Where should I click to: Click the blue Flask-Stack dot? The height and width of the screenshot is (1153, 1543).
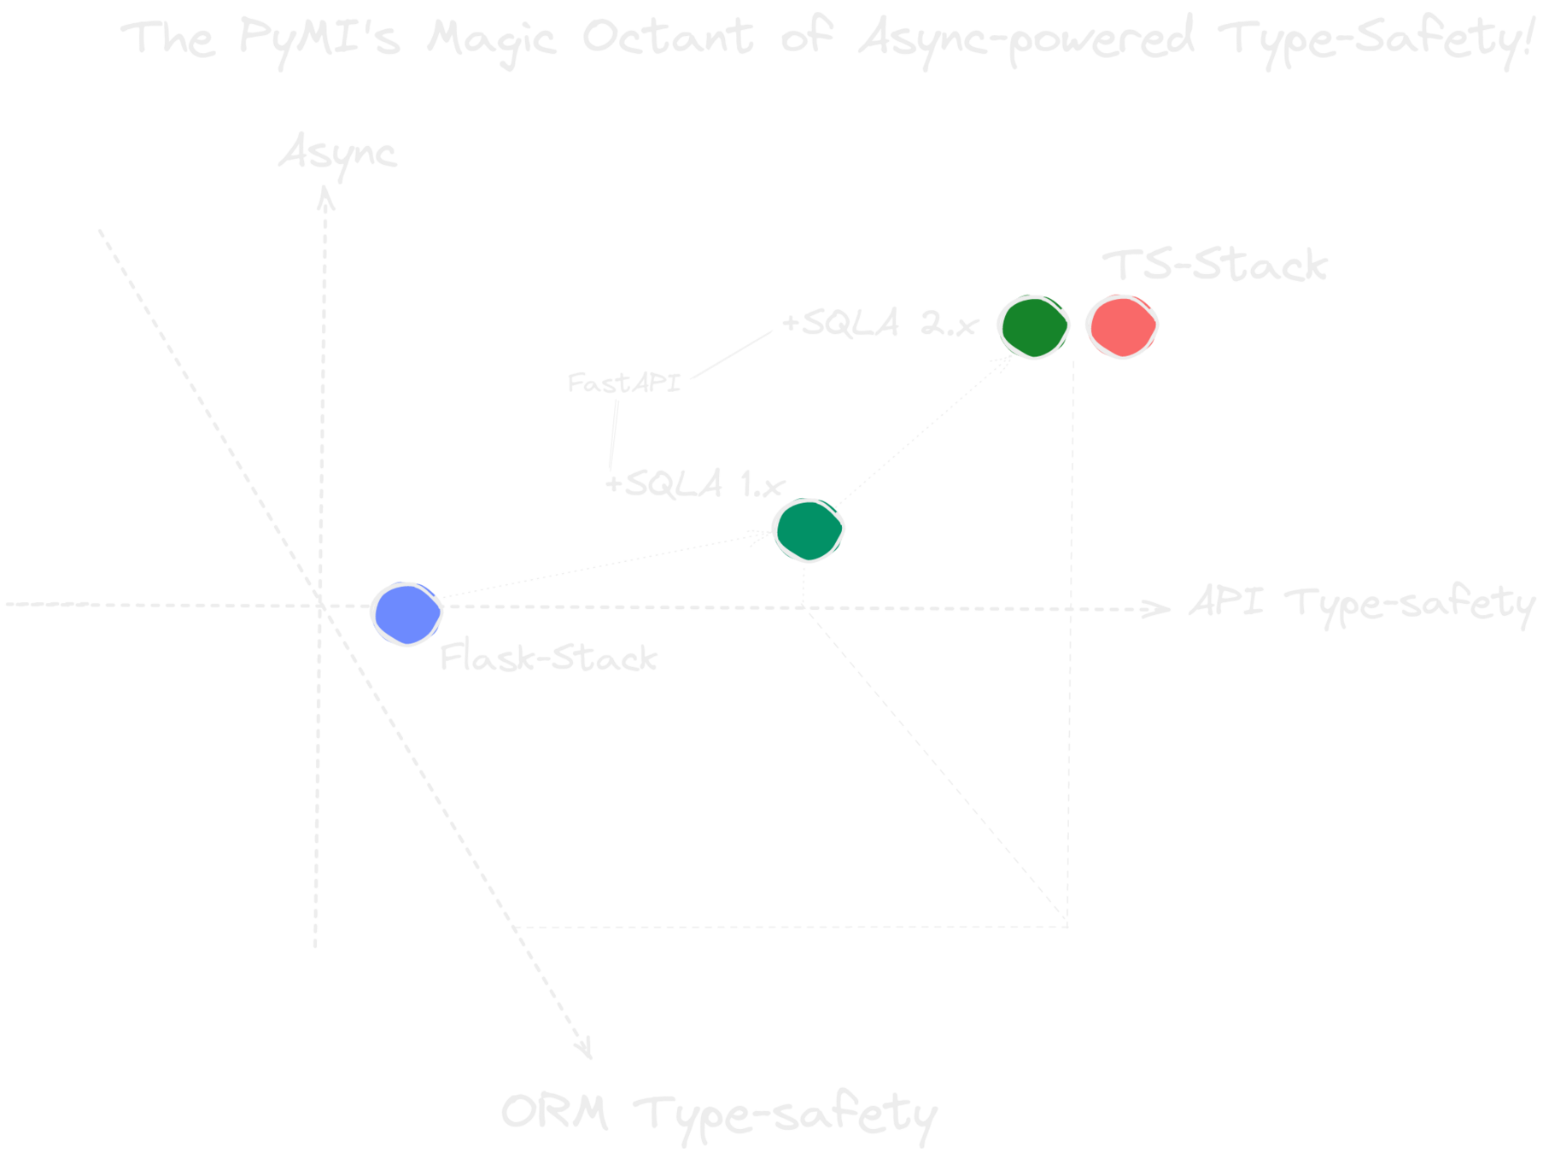pos(406,613)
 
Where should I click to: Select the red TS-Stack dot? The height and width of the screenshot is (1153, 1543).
pos(1121,326)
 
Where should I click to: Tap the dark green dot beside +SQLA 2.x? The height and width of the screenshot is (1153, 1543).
pos(1033,326)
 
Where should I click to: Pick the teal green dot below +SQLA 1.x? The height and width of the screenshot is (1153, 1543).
pos(808,530)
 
